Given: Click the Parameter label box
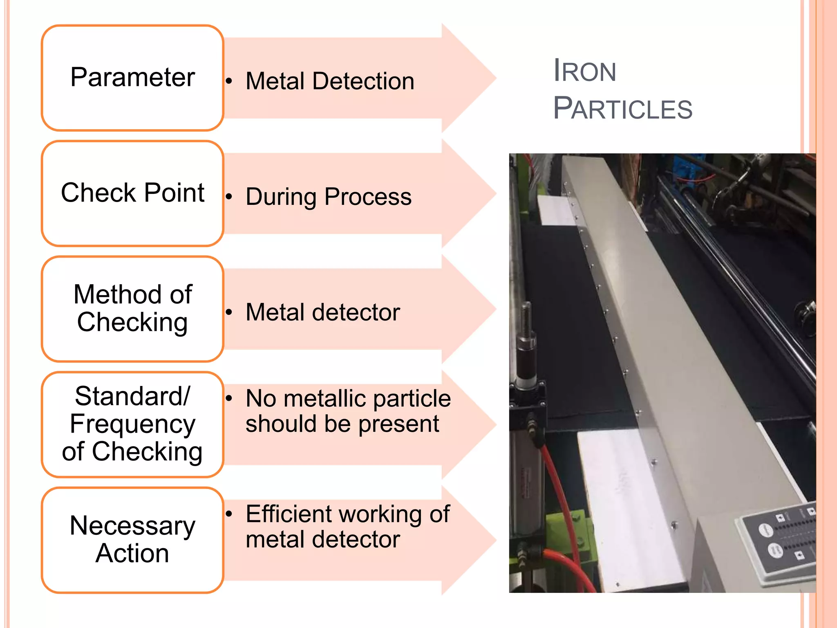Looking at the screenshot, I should [x=132, y=78].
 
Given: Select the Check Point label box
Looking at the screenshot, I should [x=132, y=193].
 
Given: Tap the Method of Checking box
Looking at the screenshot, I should [x=132, y=309].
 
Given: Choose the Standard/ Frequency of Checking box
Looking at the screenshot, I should [x=132, y=424].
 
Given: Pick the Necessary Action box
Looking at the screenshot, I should [x=132, y=540].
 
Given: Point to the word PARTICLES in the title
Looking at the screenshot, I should [x=622, y=109].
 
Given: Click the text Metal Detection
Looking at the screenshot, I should [x=330, y=81].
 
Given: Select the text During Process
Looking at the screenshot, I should [x=329, y=197].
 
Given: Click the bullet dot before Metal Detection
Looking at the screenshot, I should [x=229, y=81].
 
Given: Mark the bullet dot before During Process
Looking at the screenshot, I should [x=229, y=197].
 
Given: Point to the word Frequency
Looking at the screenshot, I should [x=132, y=424].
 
